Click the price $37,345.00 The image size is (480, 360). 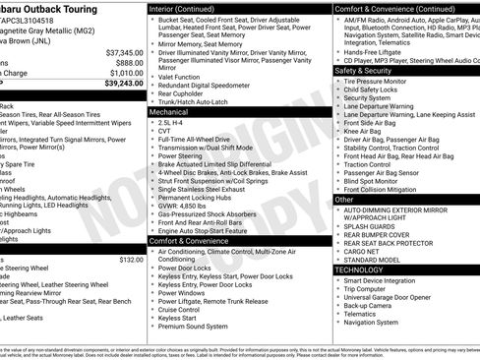[125, 51]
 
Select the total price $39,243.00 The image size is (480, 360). [123, 83]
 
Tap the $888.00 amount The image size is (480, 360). [128, 62]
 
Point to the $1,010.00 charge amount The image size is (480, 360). [126, 72]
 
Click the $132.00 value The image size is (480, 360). [132, 260]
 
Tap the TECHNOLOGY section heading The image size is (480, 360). [366, 270]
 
